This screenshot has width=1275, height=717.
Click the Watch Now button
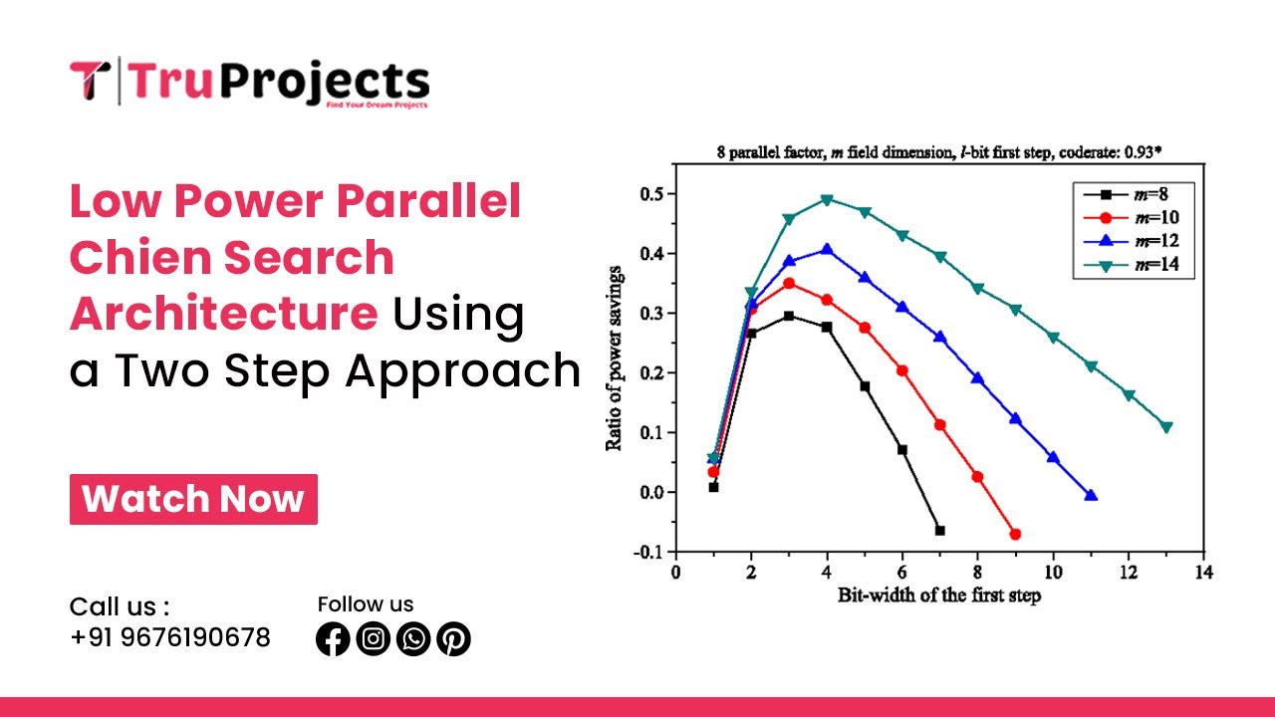tap(193, 499)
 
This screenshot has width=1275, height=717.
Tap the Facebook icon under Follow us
tap(333, 639)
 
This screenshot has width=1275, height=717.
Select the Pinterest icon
tap(453, 639)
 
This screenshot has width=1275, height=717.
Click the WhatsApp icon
tap(413, 639)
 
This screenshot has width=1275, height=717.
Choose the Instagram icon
tap(373, 639)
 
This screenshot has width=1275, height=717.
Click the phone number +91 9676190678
tap(170, 637)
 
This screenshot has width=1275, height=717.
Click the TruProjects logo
tap(249, 82)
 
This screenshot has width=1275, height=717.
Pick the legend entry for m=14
tap(1136, 264)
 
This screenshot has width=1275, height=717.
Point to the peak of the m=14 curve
tap(827, 199)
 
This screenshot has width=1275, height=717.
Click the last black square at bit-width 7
tap(939, 530)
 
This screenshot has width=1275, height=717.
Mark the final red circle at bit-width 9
tap(1015, 534)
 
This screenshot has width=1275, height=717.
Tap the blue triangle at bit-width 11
tap(1091, 495)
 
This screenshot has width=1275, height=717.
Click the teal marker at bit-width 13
tap(1166, 427)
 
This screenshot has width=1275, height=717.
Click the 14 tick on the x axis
tap(1203, 574)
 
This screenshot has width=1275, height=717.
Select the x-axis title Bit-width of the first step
tap(938, 596)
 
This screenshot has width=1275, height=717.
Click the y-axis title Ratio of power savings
tap(615, 358)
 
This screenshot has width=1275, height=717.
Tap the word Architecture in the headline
tap(223, 314)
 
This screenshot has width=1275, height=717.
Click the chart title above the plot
tap(940, 152)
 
